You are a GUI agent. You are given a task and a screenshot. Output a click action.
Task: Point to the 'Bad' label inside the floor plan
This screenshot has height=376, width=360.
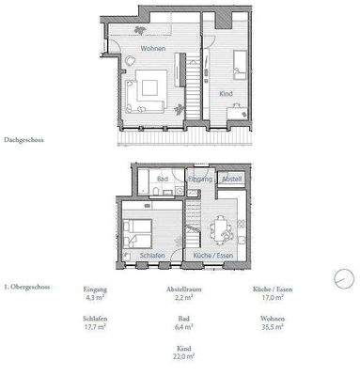tap(162, 177)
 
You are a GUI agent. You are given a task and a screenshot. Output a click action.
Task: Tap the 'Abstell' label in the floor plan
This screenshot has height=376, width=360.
tap(231, 178)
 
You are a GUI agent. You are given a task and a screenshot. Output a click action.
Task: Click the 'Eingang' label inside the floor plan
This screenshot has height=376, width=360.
tap(199, 178)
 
